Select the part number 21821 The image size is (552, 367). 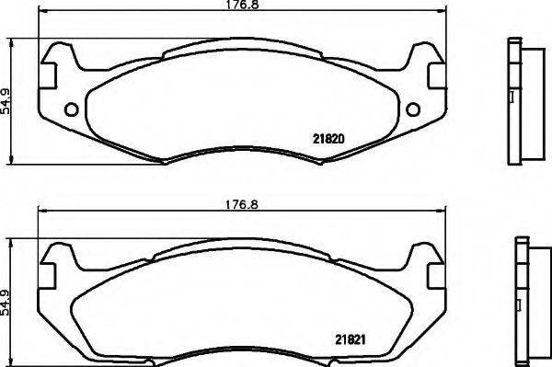tap(338, 339)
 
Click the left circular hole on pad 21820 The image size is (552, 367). tap(71, 110)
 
